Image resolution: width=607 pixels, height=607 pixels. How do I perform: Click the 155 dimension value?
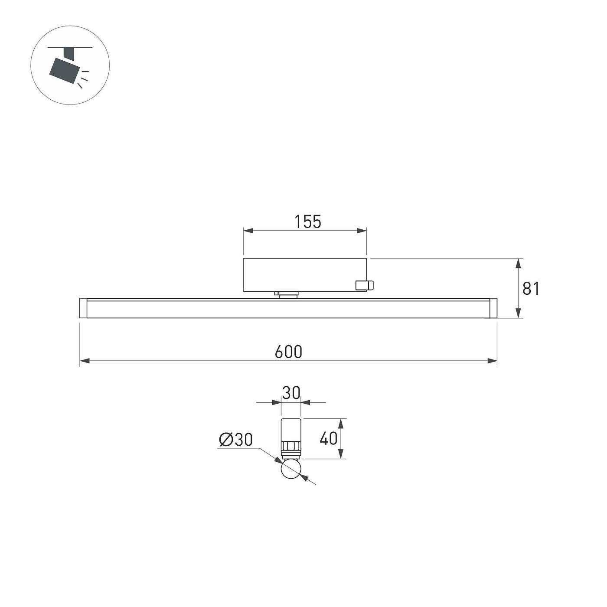(308, 222)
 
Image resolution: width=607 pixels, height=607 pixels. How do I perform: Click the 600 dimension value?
(288, 352)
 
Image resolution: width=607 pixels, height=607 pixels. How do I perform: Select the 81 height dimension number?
(531, 288)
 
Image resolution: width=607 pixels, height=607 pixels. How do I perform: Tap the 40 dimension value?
(328, 439)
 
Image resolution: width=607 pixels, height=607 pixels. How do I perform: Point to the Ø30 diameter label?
(235, 440)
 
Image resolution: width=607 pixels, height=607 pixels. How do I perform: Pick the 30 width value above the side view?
(291, 393)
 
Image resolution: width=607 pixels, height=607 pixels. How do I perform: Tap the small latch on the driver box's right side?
(364, 285)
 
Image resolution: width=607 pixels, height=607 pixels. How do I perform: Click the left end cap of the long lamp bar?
(83, 308)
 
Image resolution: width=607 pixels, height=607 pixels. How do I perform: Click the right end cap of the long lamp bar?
(493, 308)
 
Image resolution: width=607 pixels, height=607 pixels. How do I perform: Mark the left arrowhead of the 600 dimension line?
(85, 361)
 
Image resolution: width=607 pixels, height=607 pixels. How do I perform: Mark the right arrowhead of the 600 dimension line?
(492, 361)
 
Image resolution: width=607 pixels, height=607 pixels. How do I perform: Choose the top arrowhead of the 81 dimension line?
(518, 263)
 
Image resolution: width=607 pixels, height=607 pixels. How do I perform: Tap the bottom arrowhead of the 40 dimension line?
(341, 454)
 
